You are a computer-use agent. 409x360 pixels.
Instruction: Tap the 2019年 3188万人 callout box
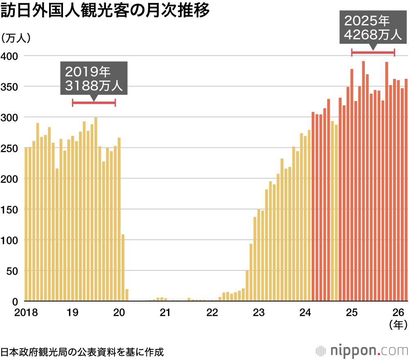tap(94, 78)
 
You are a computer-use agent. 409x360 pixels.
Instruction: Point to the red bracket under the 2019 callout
tap(94, 103)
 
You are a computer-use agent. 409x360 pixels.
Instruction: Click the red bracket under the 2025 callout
tap(373, 52)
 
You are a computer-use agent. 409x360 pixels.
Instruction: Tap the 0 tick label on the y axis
tap(15, 301)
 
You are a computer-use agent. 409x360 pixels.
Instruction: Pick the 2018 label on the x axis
tap(26, 313)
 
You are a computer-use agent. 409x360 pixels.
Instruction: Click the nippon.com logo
tap(362, 351)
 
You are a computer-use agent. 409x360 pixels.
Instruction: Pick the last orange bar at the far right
tap(406, 190)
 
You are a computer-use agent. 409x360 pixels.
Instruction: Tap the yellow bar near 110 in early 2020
tap(123, 268)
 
